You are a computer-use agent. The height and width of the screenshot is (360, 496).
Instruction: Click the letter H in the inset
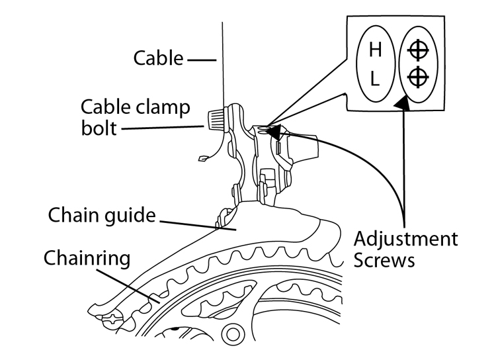pos(374,50)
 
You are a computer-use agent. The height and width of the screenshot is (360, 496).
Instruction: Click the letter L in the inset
pos(374,79)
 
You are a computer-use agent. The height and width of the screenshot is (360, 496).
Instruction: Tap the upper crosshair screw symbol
pos(417,50)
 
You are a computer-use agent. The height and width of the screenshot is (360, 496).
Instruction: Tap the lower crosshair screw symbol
pos(417,78)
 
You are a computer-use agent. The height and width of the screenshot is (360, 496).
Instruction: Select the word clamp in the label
pos(168,107)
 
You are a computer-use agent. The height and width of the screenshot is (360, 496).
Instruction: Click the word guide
pos(132,216)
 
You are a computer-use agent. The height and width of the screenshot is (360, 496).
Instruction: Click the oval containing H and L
pos(374,64)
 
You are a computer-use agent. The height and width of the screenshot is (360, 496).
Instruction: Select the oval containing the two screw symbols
pos(417,64)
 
